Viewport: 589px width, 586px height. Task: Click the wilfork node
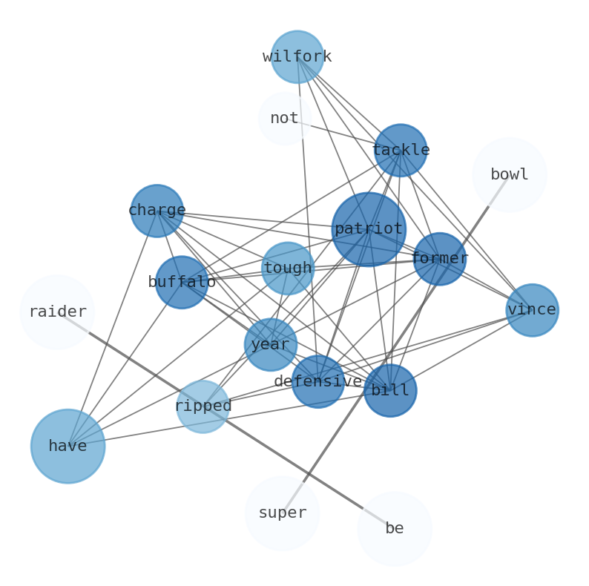pos(297,57)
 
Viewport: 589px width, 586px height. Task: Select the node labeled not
pos(285,119)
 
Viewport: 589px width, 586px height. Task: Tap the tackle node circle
pos(401,151)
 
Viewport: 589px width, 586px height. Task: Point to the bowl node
pos(510,175)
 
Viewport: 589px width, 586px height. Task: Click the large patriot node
pos(369,229)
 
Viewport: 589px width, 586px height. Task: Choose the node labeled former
pos(440,259)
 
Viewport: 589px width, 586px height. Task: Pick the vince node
pos(532,310)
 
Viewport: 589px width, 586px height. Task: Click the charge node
pos(157,211)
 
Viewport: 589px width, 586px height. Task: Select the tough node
pos(288,269)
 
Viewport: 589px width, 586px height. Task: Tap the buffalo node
pos(182,283)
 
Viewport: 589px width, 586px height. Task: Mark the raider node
pos(57,312)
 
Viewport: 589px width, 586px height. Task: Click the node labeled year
pos(271,344)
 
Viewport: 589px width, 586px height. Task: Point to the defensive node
pos(317,381)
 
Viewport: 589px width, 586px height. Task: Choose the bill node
pos(390,390)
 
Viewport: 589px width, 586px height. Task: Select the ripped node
pos(203,406)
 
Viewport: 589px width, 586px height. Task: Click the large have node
pos(68,447)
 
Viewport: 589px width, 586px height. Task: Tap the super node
pos(282,513)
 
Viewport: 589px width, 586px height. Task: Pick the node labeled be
pos(395,529)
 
